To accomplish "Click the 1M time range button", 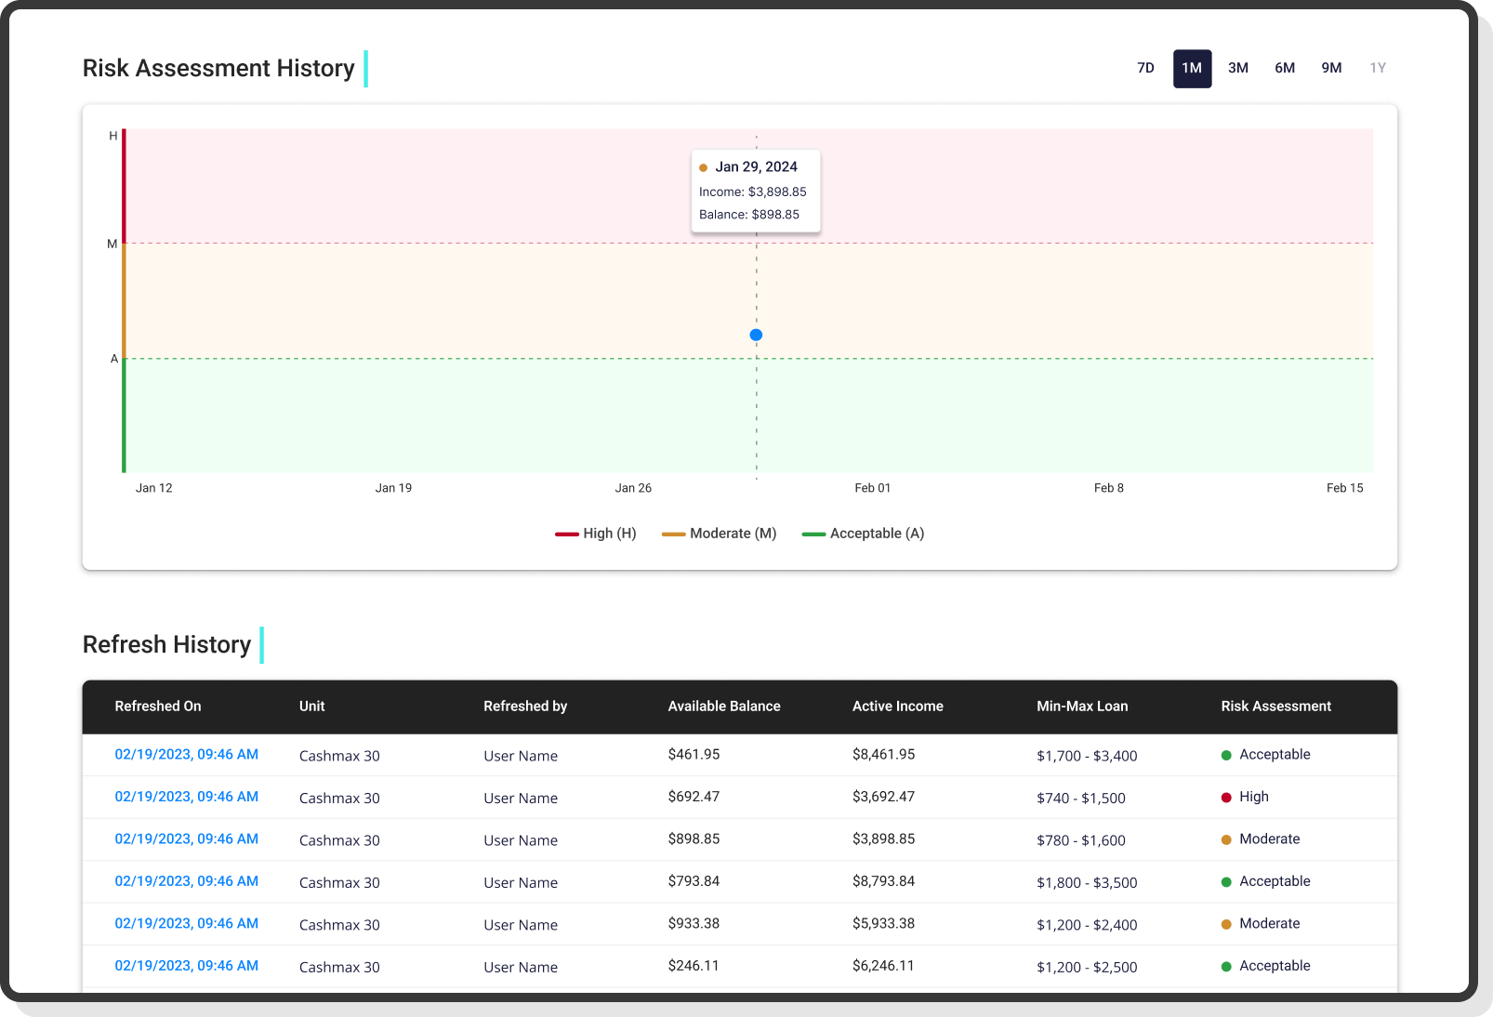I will [1192, 68].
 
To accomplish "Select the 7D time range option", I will [1145, 68].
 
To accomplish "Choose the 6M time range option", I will [1285, 68].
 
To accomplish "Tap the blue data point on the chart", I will [756, 335].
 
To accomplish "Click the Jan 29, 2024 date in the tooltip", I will [756, 166].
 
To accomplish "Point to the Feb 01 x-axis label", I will [872, 488].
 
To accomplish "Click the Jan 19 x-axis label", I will [393, 488].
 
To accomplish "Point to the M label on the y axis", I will [112, 244].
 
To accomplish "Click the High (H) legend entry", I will [596, 534].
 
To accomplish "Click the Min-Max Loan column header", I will [1082, 707].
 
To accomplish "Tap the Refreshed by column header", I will [525, 707].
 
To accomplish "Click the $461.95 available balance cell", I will [694, 754].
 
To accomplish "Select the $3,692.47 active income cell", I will [883, 797].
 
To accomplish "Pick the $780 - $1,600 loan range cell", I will [1081, 840].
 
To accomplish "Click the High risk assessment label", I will [1253, 797].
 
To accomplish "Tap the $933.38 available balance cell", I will [694, 923].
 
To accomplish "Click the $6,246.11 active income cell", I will [883, 966].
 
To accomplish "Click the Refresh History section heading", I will [166, 644].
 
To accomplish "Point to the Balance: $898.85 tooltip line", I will [749, 215].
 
